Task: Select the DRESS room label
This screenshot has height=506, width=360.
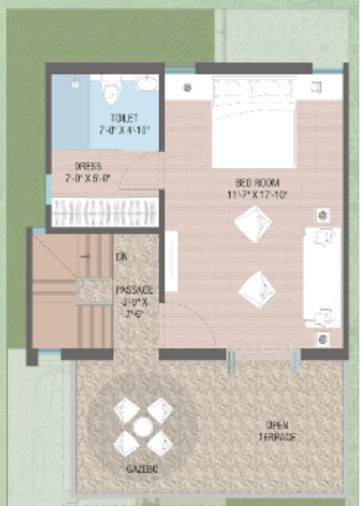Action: click(x=89, y=166)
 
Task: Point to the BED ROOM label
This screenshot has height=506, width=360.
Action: click(x=257, y=182)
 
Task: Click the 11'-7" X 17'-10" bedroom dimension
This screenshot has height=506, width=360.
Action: click(x=257, y=194)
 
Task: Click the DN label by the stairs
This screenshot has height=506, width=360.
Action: click(x=121, y=256)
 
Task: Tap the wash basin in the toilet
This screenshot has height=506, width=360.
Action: click(x=147, y=84)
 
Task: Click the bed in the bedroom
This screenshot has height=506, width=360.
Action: click(x=252, y=122)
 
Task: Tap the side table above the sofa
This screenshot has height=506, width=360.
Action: click(x=323, y=215)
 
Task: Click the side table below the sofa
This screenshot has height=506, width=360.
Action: click(x=324, y=339)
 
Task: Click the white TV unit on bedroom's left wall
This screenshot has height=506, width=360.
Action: click(x=171, y=261)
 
